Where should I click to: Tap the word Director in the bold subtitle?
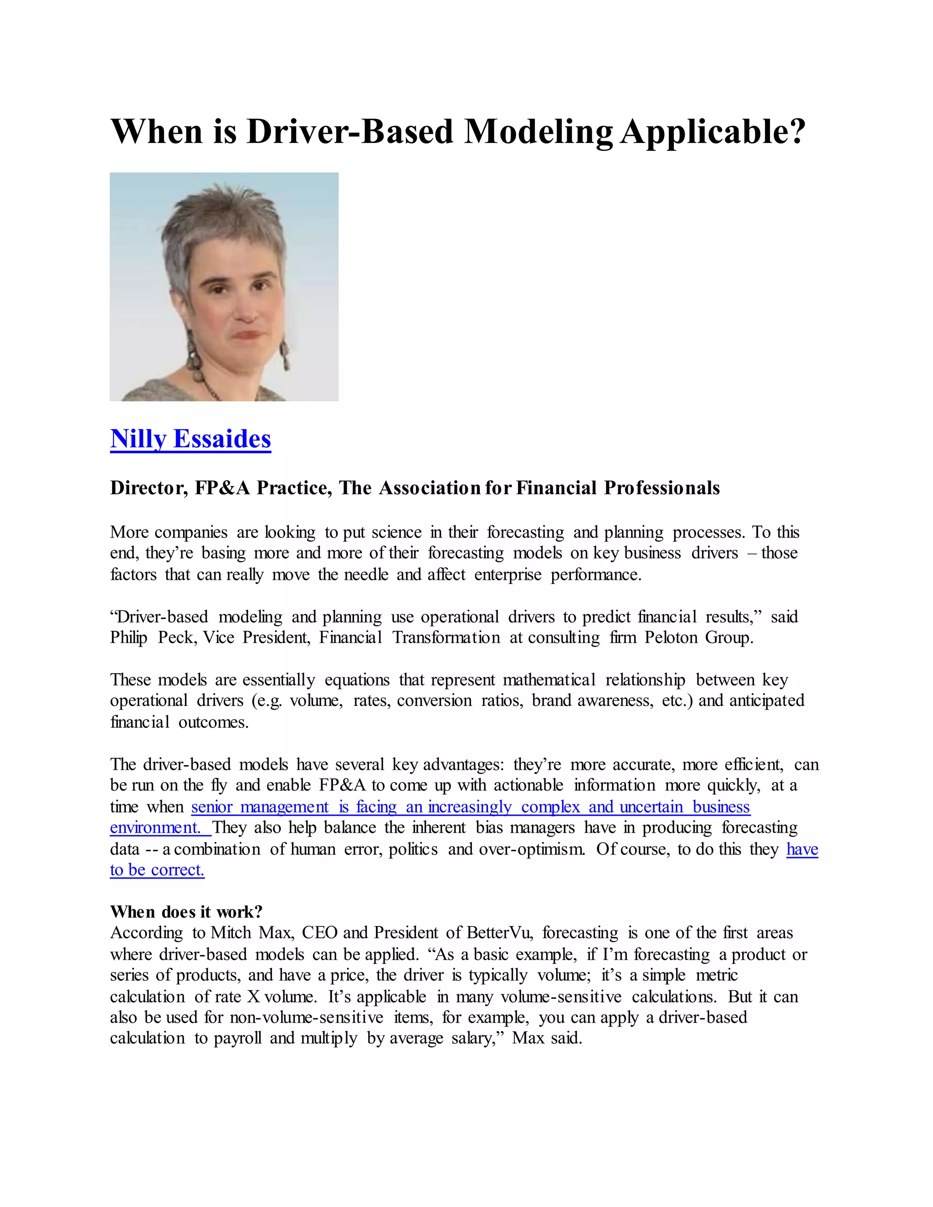click(149, 488)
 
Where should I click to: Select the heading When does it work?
click(186, 911)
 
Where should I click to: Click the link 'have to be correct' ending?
click(157, 870)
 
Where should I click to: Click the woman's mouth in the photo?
click(248, 335)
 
